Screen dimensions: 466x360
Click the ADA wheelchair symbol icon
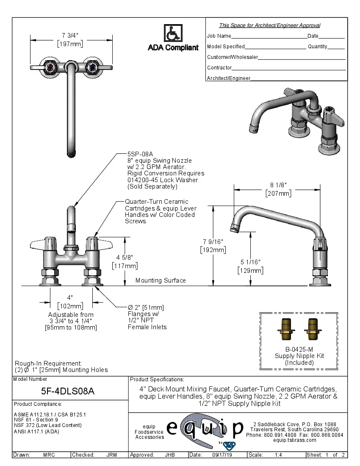[172, 33]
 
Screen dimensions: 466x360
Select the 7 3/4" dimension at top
[70, 35]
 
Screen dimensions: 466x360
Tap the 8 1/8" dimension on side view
[278, 185]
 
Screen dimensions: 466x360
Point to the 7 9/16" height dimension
[213, 241]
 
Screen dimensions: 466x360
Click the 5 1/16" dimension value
[250, 262]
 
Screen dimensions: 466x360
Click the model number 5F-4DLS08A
[71, 392]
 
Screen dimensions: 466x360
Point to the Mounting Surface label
[161, 280]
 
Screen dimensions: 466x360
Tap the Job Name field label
[219, 36]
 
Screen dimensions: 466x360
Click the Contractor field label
[219, 68]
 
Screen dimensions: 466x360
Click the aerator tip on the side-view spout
[234, 229]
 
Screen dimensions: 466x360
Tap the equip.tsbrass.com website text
[295, 440]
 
